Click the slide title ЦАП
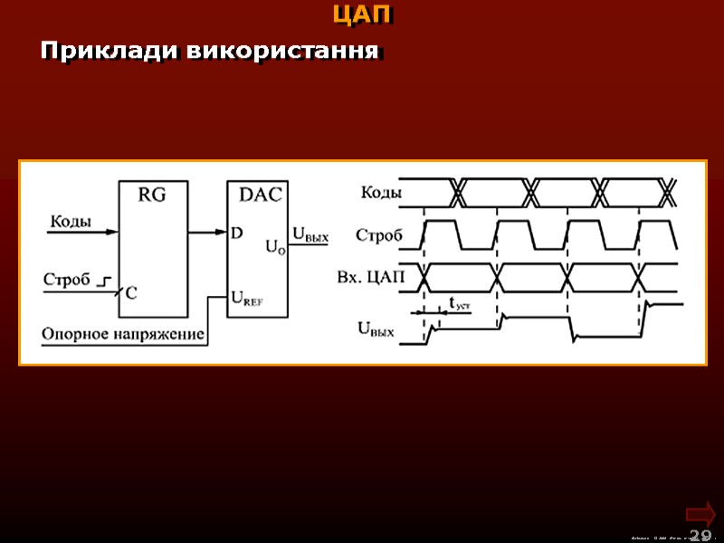(x=362, y=15)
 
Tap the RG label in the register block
(x=151, y=194)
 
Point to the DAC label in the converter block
(x=260, y=194)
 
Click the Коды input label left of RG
(x=70, y=220)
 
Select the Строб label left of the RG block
(x=66, y=280)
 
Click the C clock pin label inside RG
(x=131, y=292)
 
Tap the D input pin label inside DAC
(x=236, y=233)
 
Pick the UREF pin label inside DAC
(x=247, y=297)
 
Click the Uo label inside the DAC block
(x=275, y=245)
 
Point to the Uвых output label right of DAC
(x=309, y=237)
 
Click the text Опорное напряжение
(x=123, y=334)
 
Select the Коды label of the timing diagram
(x=381, y=192)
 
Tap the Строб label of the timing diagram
(x=378, y=235)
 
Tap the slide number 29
(x=700, y=535)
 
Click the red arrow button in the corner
(x=700, y=512)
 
